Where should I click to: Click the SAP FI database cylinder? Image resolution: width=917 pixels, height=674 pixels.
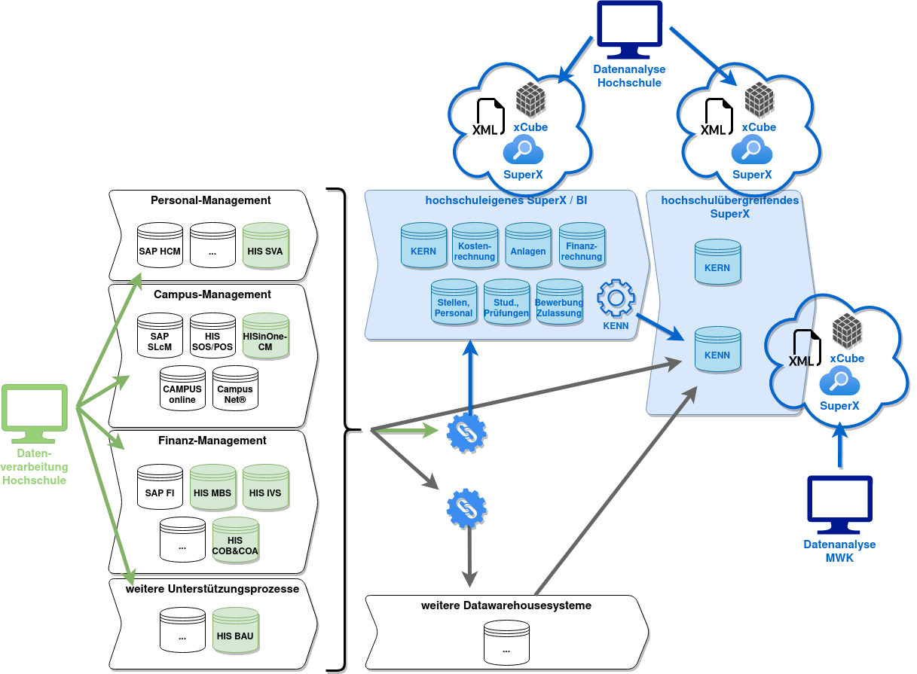[x=160, y=487]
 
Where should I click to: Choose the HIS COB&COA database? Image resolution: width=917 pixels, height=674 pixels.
[x=235, y=540]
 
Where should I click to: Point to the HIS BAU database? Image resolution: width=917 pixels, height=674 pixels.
[x=235, y=630]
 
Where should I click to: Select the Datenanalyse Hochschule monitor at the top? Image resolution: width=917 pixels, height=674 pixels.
[x=629, y=30]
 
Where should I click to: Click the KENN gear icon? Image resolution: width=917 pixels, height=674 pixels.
[x=616, y=299]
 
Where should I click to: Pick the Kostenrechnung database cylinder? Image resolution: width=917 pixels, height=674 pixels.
[x=475, y=246]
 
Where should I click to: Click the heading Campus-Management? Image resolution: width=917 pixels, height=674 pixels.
[x=212, y=294]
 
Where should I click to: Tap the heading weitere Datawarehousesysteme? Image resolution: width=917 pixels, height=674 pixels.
[x=506, y=605]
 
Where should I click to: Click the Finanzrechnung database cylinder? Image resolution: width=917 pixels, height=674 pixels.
[x=582, y=246]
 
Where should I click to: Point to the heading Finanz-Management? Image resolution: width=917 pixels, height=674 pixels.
[x=212, y=441]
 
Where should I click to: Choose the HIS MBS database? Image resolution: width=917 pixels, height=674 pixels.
[x=212, y=487]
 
